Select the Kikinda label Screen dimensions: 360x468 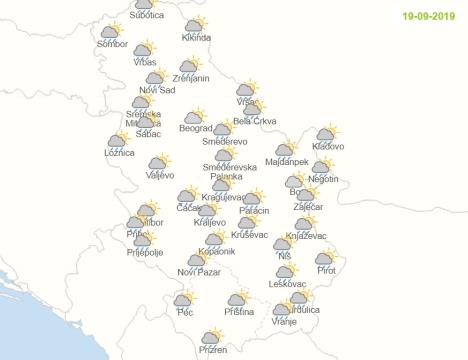pyautogui.click(x=197, y=38)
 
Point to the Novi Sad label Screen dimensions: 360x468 pyautogui.click(x=157, y=90)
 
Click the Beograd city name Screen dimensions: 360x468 pyautogui.click(x=195, y=128)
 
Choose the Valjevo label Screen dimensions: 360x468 pyautogui.click(x=161, y=175)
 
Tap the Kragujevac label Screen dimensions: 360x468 pyautogui.click(x=222, y=197)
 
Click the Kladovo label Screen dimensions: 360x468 pyautogui.click(x=328, y=147)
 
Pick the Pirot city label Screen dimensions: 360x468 pyautogui.click(x=326, y=271)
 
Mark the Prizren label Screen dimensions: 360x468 pyautogui.click(x=212, y=350)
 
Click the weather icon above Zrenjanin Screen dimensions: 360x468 pyautogui.click(x=190, y=65)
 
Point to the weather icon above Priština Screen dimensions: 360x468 pyautogui.click(x=238, y=299)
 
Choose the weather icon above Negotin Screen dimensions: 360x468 pyautogui.click(x=323, y=166)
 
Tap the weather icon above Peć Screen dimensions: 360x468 pyautogui.click(x=184, y=299)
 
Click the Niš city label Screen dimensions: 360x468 pyautogui.click(x=285, y=257)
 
